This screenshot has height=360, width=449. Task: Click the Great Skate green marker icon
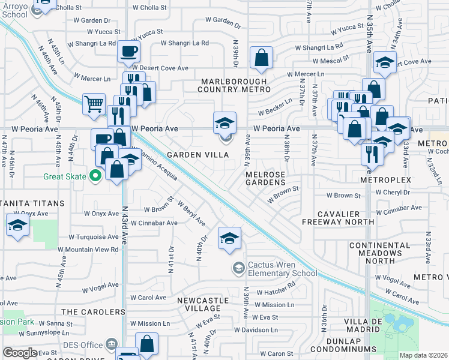tap(94, 176)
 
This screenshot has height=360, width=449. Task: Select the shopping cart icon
tap(94, 104)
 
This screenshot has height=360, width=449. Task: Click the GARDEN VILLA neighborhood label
tap(197, 155)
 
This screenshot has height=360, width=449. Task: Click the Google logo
tap(20, 353)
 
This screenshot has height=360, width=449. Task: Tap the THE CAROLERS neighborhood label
tap(93, 312)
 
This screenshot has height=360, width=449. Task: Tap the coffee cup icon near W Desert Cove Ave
tap(128, 52)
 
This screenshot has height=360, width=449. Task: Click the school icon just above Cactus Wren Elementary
tap(229, 238)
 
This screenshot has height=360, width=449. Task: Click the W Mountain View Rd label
tap(88, 249)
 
